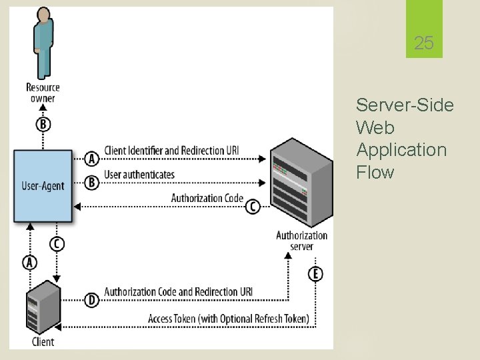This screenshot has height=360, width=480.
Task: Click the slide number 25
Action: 423,44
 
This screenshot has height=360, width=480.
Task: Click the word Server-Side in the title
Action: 405,105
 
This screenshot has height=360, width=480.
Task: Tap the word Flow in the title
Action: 375,172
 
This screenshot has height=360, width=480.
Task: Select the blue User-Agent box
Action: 43,185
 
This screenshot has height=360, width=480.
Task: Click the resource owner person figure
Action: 43,43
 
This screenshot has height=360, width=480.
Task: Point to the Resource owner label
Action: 43,93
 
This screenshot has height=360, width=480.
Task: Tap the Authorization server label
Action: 302,241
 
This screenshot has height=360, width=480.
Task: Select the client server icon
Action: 42,307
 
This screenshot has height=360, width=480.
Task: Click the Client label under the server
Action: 43,342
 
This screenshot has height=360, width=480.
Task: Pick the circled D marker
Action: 92,301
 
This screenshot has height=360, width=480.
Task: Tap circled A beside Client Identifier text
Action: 92,159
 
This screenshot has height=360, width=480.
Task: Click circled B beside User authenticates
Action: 92,183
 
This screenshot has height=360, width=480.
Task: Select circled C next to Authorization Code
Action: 253,207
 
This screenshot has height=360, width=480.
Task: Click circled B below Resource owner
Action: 43,125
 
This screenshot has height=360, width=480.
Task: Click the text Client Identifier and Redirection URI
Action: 171,151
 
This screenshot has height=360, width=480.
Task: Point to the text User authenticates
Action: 139,175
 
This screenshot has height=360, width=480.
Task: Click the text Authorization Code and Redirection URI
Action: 178,292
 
